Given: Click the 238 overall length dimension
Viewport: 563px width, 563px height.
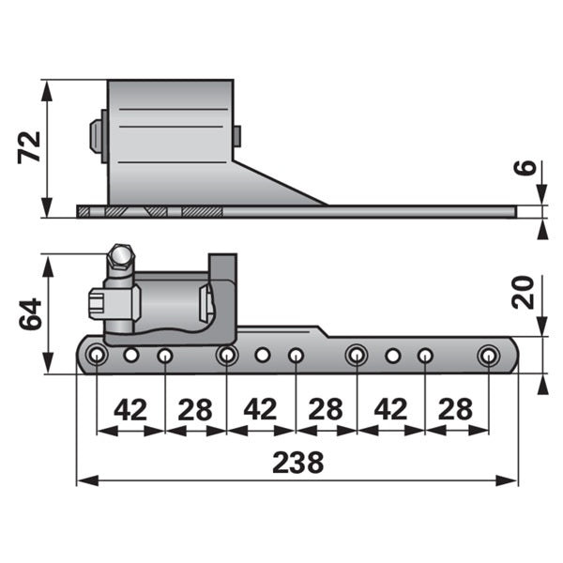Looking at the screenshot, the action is [x=298, y=463].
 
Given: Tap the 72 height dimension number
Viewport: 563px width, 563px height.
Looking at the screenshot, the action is [x=29, y=147].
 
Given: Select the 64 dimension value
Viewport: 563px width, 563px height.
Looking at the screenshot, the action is [x=30, y=313].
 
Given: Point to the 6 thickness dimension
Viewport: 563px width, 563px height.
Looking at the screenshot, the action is [x=525, y=168].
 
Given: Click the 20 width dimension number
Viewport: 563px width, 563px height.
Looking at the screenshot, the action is [x=524, y=292].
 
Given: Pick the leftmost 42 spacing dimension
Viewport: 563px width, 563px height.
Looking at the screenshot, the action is [x=130, y=409].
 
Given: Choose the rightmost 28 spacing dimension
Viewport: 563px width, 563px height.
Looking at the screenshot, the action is [x=455, y=409].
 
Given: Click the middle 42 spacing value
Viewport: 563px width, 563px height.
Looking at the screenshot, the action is [x=260, y=409].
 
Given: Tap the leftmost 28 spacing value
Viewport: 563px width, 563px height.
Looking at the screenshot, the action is [x=195, y=409].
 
